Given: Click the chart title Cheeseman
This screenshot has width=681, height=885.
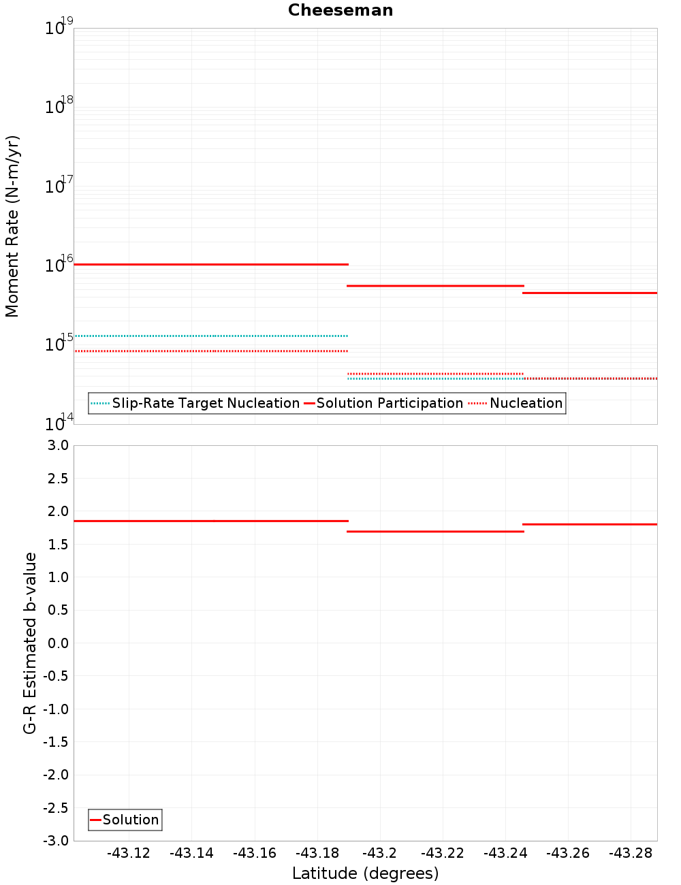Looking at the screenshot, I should pos(340,10).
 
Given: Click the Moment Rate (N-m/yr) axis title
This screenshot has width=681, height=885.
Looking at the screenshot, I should pos(12,226).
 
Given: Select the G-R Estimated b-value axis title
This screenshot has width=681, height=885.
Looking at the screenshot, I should pos(30,643).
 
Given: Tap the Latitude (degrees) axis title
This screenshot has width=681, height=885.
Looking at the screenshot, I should pos(365,873).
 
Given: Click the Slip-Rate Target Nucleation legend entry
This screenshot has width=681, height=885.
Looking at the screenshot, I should pos(205,403).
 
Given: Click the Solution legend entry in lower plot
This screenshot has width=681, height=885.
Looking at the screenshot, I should pos(130,820).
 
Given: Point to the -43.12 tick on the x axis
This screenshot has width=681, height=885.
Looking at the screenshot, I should pos(129,853).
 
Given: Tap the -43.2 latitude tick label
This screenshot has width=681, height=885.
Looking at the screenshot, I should pos(379,853).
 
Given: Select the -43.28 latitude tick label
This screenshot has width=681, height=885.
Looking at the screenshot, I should pos(631,853).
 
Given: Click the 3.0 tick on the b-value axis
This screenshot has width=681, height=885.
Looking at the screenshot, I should pos(57,445).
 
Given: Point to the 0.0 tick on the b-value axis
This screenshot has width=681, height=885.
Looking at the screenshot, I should pos(57,643).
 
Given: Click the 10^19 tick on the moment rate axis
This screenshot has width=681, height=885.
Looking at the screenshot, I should pos(58,28).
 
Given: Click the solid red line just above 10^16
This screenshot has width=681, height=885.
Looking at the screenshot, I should pos(211,264).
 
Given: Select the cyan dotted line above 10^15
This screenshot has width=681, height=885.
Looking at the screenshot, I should pos(211,336).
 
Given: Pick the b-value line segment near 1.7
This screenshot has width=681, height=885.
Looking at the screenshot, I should pos(436,531).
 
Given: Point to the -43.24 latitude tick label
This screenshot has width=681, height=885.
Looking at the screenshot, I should pos(505,853).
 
